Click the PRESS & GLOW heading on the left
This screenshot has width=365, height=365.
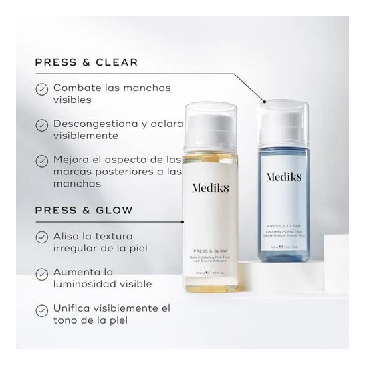coord(84,210)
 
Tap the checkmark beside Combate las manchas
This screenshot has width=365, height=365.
coord(41,88)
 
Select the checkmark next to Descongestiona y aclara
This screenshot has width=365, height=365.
coord(41,124)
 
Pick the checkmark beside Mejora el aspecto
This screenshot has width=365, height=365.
coord(41,160)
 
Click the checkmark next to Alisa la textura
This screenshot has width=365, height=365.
coord(41,236)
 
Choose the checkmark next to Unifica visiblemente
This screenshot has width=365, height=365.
coord(41,309)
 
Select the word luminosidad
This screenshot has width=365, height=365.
coord(83,283)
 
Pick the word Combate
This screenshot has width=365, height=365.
coord(75,88)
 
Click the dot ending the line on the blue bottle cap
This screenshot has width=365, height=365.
coord(265,102)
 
